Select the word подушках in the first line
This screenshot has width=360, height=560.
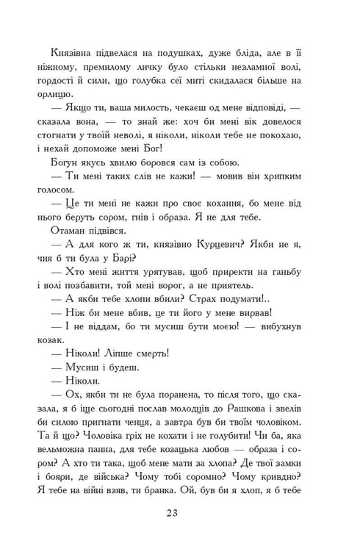(171, 56)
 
